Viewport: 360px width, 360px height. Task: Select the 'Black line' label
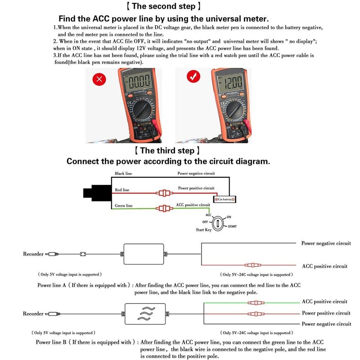123,173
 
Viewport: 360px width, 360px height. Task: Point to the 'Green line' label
124,206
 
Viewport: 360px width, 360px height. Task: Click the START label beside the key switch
232,226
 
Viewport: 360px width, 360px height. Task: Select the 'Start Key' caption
203,230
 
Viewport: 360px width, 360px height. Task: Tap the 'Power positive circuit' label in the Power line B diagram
326,313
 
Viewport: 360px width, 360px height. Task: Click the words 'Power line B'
51,342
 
